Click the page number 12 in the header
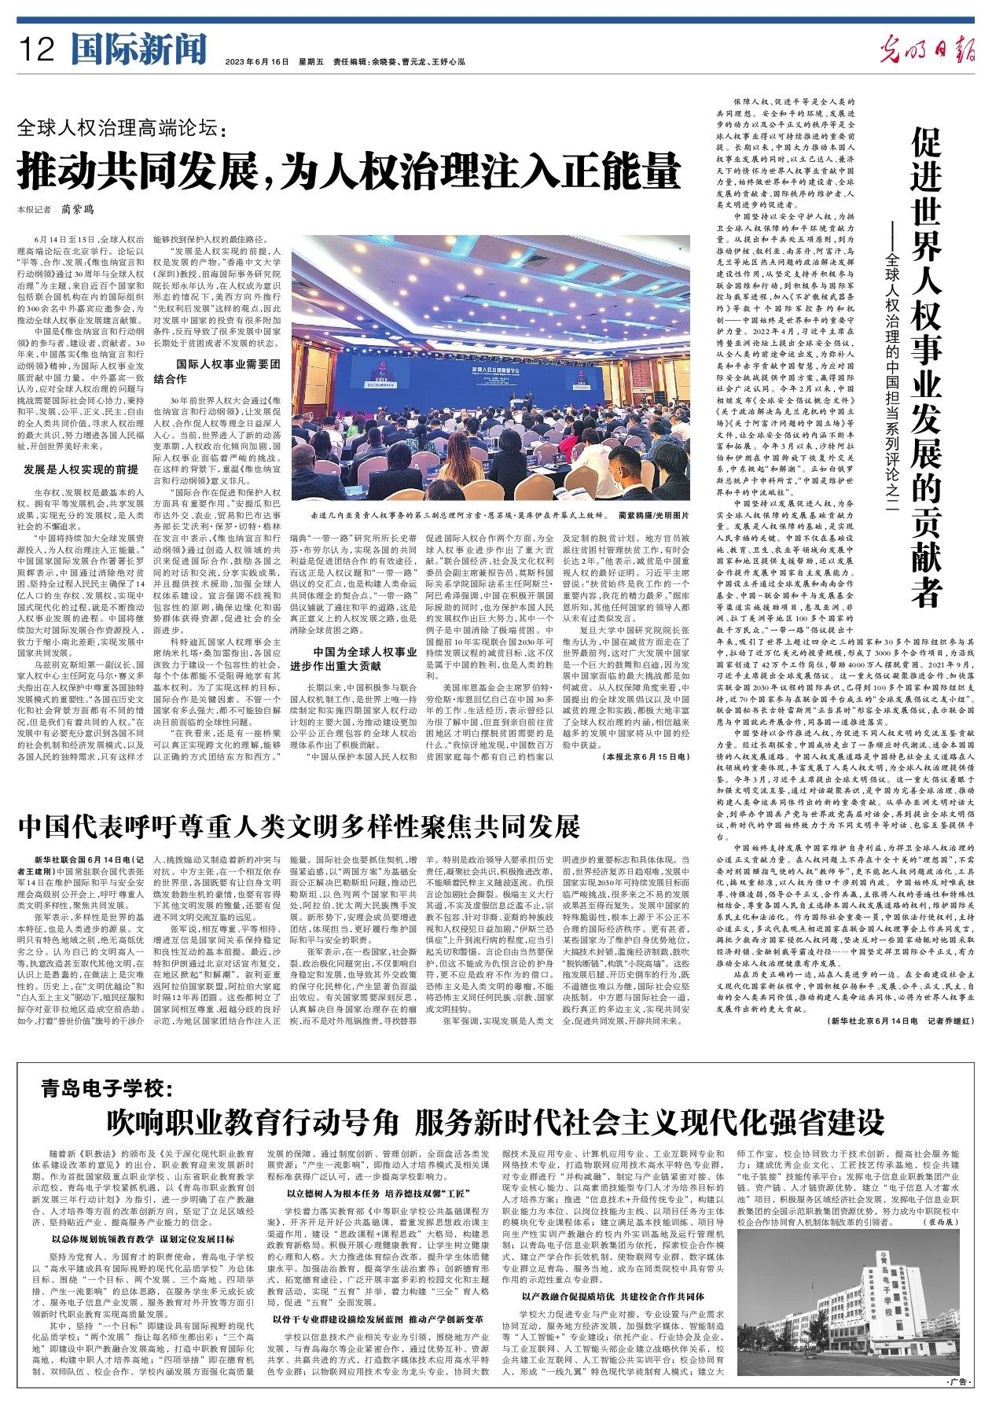[x=39, y=52]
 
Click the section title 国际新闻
[x=138, y=51]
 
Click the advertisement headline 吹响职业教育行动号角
[x=498, y=1120]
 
